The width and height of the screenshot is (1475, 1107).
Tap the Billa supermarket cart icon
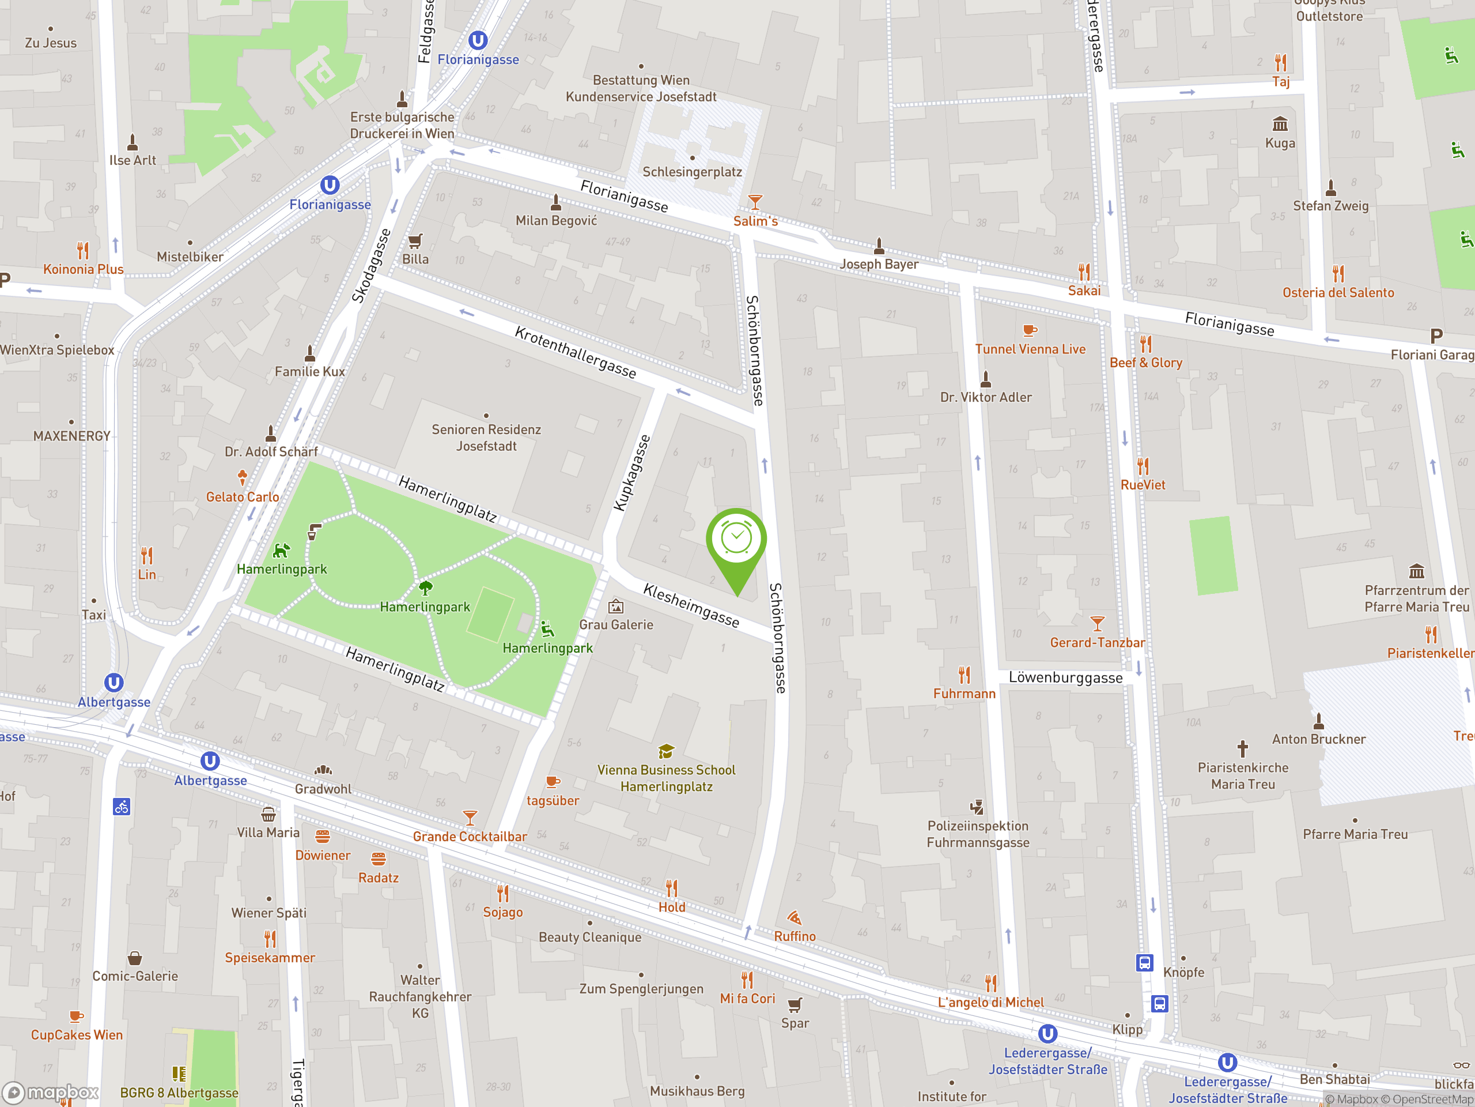tap(415, 241)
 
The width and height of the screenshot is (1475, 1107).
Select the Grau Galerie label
tap(615, 624)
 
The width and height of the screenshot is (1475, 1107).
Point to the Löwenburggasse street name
tap(1065, 677)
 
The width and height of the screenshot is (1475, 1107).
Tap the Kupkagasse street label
tap(631, 473)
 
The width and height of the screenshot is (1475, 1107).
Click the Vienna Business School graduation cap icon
tap(665, 752)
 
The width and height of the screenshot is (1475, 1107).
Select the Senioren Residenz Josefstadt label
tap(486, 438)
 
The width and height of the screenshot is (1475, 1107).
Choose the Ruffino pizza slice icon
tap(793, 918)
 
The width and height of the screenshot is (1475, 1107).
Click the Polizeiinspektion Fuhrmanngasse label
tap(978, 834)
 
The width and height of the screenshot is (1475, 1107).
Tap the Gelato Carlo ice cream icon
tap(242, 477)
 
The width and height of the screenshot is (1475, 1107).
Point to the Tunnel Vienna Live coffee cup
tap(1030, 330)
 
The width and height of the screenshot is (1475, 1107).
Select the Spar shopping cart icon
tap(794, 1005)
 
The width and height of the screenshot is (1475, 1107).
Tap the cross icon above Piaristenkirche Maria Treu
tap(1242, 748)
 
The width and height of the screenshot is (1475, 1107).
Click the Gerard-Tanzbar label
tap(1097, 643)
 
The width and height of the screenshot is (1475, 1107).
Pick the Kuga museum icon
tap(1280, 124)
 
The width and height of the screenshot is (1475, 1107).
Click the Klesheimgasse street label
tap(691, 605)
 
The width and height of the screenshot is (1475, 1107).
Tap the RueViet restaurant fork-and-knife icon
tap(1143, 466)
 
